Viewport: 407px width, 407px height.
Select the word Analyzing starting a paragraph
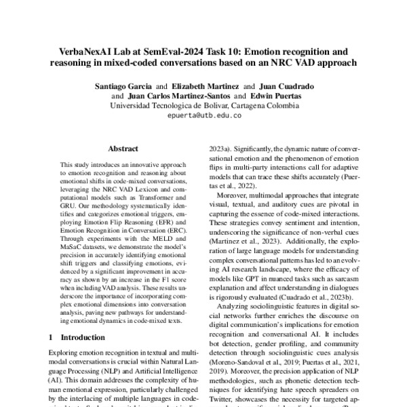coord(233,307)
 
